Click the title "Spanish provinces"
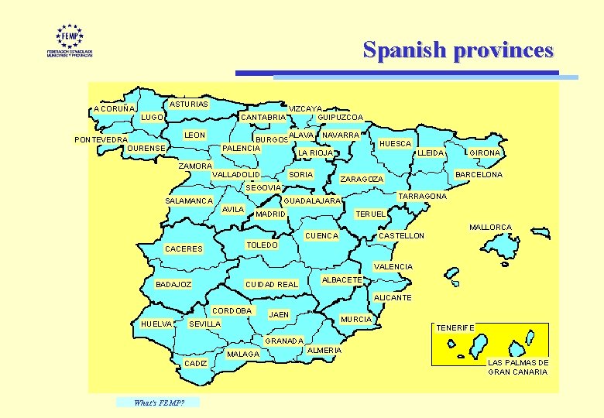click(x=458, y=50)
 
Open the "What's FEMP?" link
click(x=157, y=402)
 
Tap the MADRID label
click(x=271, y=214)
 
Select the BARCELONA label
click(x=479, y=175)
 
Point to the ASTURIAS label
click(x=188, y=104)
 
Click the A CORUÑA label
click(x=113, y=109)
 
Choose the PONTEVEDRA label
click(x=101, y=140)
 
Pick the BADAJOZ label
click(x=174, y=285)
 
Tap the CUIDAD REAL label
click(x=271, y=285)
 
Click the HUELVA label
click(x=156, y=324)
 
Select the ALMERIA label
click(x=324, y=351)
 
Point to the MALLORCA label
click(x=491, y=228)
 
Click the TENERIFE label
click(x=455, y=328)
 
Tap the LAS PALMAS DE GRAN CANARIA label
click(x=518, y=368)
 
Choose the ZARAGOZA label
click(x=362, y=180)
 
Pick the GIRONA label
click(x=485, y=153)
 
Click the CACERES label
click(x=184, y=249)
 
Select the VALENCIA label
click(x=393, y=267)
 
